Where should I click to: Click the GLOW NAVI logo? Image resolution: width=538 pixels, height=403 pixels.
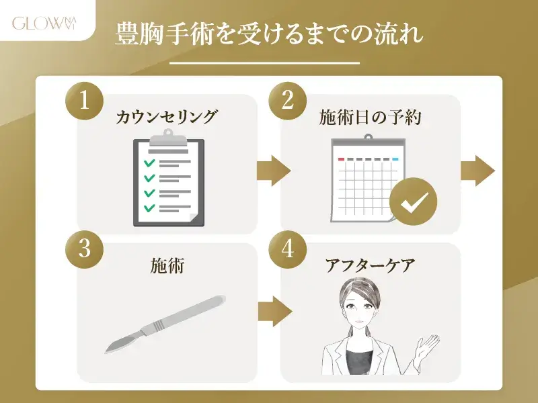(x=44, y=24)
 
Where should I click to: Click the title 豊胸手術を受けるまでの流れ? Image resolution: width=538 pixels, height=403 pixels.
(x=268, y=34)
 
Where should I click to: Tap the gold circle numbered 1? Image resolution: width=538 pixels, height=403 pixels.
(x=85, y=101)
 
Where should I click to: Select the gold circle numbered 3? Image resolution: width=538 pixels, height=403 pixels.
(x=85, y=249)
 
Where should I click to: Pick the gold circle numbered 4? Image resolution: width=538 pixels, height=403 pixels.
(x=288, y=249)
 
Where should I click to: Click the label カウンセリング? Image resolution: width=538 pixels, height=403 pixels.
(x=167, y=117)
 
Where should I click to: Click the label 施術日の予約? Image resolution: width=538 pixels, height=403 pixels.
(x=371, y=117)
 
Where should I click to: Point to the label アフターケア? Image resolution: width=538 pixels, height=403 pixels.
(x=371, y=265)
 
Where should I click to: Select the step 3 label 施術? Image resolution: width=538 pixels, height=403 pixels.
(x=167, y=265)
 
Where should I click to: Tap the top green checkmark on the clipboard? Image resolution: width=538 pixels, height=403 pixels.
(x=149, y=163)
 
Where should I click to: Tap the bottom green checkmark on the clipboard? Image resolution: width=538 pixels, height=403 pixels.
(x=149, y=208)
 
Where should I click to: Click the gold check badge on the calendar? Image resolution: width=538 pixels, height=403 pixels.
(x=414, y=201)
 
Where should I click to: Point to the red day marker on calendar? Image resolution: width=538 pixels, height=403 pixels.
(x=341, y=159)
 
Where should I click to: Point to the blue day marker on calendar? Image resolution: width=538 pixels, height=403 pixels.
(x=395, y=159)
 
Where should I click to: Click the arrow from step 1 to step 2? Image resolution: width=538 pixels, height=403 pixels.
(x=274, y=171)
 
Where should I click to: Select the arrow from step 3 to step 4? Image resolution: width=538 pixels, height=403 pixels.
(x=275, y=312)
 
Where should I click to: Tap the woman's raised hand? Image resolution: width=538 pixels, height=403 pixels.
(x=426, y=346)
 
